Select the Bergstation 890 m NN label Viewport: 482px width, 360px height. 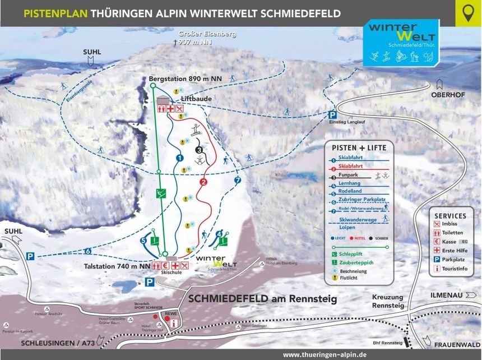(x=186, y=79)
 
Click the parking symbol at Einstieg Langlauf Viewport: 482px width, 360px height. (x=332, y=114)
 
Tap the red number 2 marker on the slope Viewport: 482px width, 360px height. (x=203, y=182)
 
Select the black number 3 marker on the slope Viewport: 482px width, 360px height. (x=198, y=150)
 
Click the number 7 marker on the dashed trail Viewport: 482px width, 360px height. (x=237, y=180)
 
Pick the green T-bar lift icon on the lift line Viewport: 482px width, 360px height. (x=161, y=193)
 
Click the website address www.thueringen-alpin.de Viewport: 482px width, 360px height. (x=325, y=354)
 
